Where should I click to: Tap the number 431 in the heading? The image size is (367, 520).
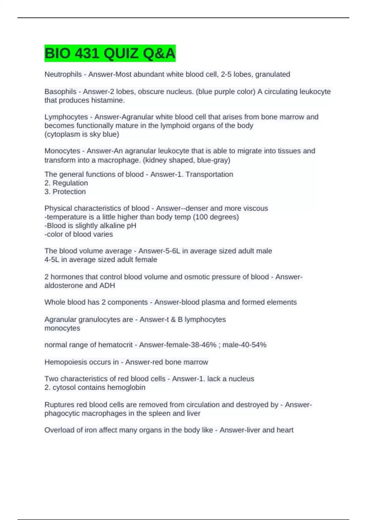pos(87,54)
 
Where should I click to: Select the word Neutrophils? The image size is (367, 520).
pos(63,74)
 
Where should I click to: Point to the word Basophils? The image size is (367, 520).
pos(60,92)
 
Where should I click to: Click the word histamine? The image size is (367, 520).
pos(110,100)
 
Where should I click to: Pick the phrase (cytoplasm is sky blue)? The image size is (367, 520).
pos(82,134)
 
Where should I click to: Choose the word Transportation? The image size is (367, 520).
pos(209,174)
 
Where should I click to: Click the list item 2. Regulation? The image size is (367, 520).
pos(66,183)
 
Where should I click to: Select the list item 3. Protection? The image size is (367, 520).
pos(65,192)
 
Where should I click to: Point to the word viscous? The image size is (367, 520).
pos(255,208)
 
